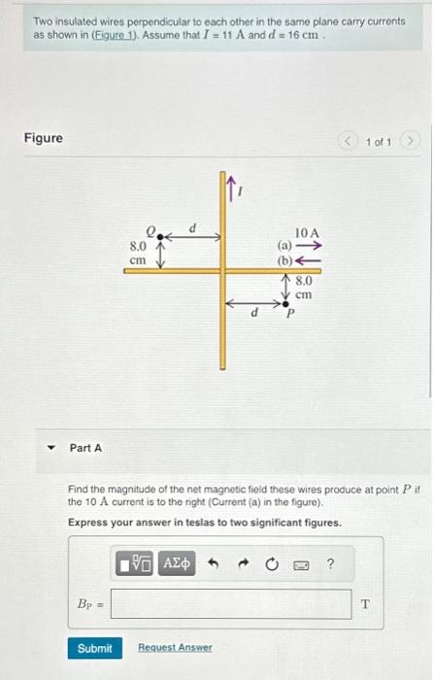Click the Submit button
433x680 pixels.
[x=94, y=648]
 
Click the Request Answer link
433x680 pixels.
[x=175, y=648]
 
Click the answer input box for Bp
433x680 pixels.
[x=231, y=604]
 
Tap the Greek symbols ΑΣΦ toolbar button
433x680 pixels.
[x=178, y=563]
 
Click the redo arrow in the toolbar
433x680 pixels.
[x=243, y=563]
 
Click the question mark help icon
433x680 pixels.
[x=330, y=563]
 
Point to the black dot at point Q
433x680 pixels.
[x=161, y=234]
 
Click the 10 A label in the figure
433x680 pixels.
[x=307, y=233]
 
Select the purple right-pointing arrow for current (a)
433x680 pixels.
[x=309, y=247]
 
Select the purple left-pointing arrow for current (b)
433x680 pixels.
[x=309, y=260]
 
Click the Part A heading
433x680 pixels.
[x=85, y=448]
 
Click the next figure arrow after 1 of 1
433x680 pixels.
[x=412, y=142]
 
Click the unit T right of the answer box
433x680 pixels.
[x=365, y=604]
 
